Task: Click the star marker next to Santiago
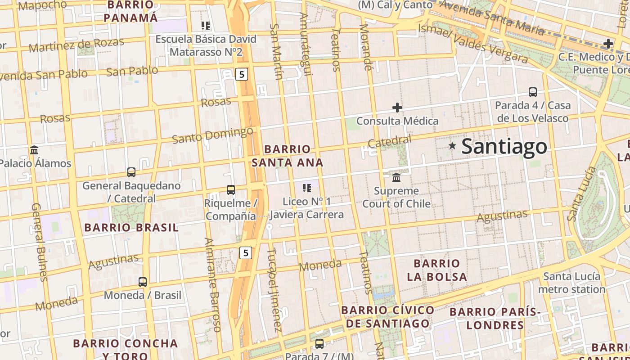[x=452, y=146]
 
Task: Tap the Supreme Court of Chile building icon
[x=396, y=177]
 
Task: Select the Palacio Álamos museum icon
[x=34, y=150]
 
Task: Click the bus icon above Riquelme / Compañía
[x=231, y=190]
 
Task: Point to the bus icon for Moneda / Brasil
[x=143, y=282]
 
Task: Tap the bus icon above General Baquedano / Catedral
[x=131, y=172]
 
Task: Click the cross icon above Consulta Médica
[x=397, y=108]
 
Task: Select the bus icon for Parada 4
[x=533, y=92]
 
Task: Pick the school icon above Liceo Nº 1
[x=307, y=188]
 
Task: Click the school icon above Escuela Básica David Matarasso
[x=206, y=26]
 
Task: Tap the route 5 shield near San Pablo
[x=242, y=74]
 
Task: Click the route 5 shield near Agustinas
[x=245, y=253]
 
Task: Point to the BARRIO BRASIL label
[x=131, y=228]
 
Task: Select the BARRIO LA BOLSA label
[x=437, y=270]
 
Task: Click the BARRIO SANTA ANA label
[x=288, y=156]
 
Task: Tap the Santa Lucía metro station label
[x=571, y=283]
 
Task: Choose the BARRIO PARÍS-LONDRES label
[x=495, y=318]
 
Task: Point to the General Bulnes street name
[x=39, y=242]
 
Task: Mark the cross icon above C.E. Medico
[x=608, y=44]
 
